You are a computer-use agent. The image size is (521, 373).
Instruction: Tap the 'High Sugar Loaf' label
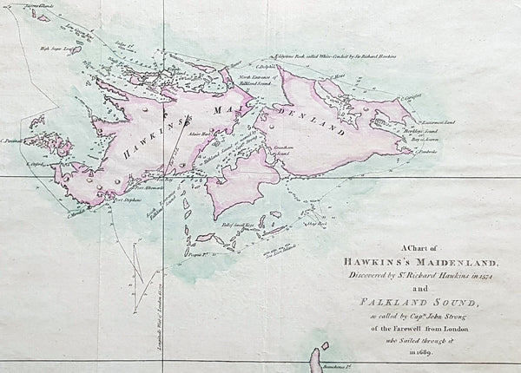tap(53, 49)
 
